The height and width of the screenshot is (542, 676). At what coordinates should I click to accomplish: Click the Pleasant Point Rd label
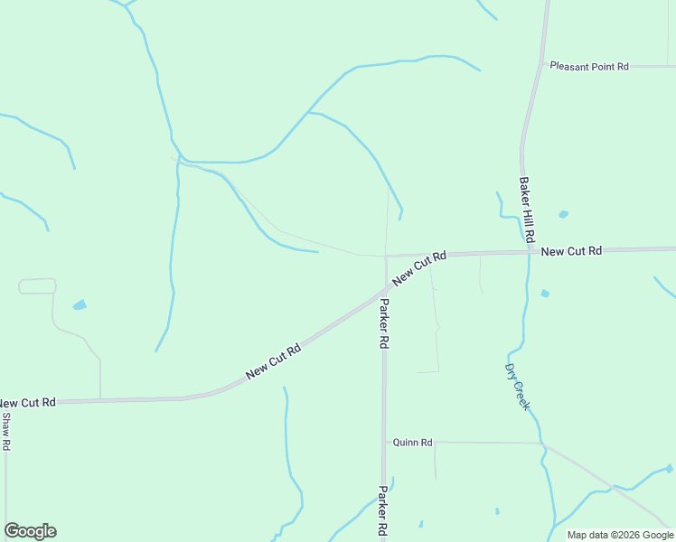588,66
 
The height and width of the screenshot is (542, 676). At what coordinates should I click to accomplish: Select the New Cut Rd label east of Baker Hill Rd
571,250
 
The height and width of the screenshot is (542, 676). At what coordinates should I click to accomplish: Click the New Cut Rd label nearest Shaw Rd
27,402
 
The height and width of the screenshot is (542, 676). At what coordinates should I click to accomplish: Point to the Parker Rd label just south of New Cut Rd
384,323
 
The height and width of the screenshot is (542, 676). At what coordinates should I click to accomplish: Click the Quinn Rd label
413,443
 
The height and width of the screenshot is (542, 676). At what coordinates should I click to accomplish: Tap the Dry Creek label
517,387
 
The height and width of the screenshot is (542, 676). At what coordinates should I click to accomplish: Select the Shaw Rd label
5,432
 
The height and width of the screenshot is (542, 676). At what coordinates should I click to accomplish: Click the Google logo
30,531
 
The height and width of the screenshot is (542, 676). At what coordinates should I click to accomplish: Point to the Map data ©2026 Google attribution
621,535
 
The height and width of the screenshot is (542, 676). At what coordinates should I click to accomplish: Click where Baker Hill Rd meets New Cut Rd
529,253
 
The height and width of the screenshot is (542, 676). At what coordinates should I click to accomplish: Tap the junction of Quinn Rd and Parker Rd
384,443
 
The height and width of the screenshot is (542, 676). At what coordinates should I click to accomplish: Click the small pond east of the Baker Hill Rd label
563,215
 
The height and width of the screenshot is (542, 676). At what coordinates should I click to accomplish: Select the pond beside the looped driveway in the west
80,305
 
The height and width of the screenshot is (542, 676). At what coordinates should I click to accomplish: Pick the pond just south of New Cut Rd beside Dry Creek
545,294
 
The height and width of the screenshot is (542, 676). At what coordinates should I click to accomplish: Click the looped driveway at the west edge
37,286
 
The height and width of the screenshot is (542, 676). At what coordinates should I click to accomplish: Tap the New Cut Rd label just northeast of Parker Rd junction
421,266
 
